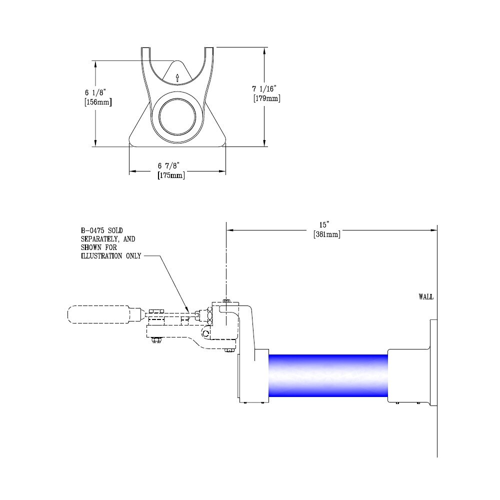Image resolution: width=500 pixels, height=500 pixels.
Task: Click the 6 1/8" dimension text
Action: tap(95, 92)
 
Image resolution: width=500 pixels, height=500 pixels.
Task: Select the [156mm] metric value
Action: tap(97, 102)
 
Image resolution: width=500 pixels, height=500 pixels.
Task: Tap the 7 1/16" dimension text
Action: tap(264, 88)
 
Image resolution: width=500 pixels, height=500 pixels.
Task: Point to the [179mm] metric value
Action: tap(266, 98)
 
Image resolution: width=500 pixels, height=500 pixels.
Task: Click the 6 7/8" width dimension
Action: tap(168, 165)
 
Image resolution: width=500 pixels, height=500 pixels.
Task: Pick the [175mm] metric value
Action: tap(170, 175)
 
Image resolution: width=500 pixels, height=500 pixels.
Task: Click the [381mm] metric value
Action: tap(326, 234)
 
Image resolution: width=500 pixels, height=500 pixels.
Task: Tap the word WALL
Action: tap(425, 297)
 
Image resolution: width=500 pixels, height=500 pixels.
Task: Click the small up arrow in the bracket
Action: tap(177, 77)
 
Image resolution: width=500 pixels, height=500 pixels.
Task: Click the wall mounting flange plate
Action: tap(433, 362)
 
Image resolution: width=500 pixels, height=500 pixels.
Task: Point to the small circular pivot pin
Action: tap(206, 333)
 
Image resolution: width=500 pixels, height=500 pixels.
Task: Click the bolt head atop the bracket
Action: tap(227, 300)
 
